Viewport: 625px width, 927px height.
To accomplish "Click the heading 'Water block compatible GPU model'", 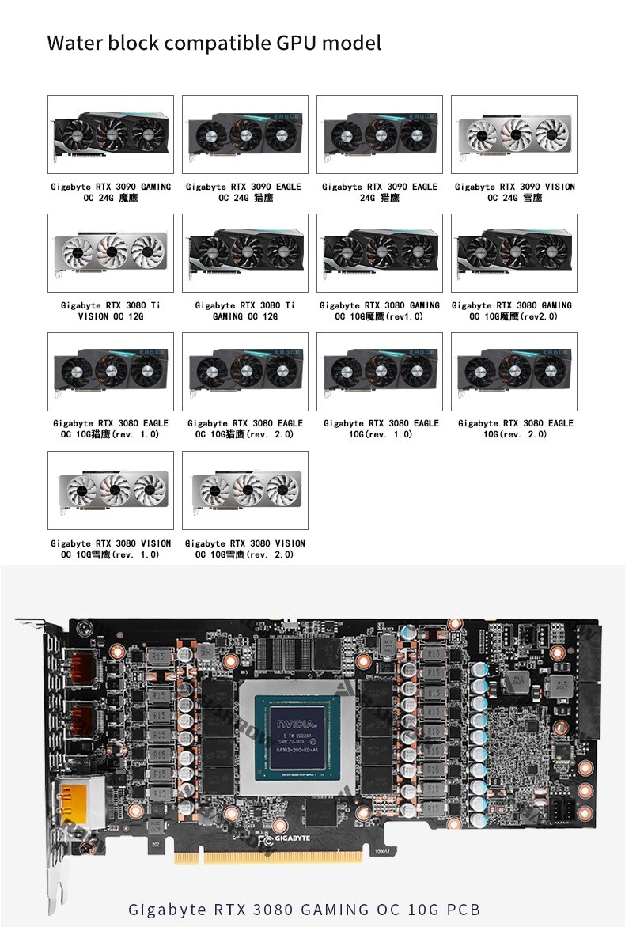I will pos(214,42).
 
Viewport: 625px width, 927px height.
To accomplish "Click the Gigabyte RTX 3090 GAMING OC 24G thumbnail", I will pos(111,134).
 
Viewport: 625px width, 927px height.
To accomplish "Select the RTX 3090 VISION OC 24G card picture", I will pos(514,134).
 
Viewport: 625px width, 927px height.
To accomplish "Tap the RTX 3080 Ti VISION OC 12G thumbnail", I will pos(111,253).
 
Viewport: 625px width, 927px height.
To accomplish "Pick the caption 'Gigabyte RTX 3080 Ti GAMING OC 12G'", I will pos(245,311).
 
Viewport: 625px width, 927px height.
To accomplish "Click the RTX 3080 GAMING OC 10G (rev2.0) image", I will pos(514,253).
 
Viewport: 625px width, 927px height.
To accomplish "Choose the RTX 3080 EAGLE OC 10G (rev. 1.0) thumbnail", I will pos(111,372).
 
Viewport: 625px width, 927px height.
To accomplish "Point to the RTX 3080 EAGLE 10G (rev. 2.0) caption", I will pos(515,429).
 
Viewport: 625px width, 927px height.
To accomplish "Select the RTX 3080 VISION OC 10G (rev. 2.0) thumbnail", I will pos(245,490).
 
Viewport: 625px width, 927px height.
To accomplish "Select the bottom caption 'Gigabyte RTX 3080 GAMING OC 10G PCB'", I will pos(305,910).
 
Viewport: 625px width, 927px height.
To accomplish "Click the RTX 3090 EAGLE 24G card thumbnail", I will pos(380,134).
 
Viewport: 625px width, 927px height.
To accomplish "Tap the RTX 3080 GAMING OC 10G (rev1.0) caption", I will pos(380,311).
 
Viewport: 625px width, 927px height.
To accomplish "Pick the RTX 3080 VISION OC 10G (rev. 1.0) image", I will pos(111,490).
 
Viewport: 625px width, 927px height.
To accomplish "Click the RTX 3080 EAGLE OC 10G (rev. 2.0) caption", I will pos(245,429).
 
